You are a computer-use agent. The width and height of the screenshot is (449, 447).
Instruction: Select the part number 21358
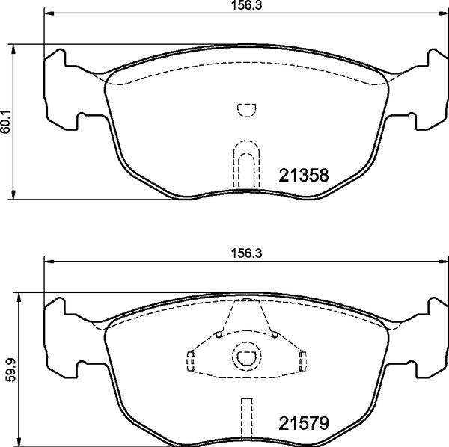click(x=304, y=176)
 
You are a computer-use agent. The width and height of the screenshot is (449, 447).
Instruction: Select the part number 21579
click(x=304, y=424)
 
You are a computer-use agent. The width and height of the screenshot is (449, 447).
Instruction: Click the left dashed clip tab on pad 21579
click(x=190, y=361)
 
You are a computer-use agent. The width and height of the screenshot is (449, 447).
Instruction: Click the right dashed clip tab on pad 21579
click(x=302, y=361)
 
